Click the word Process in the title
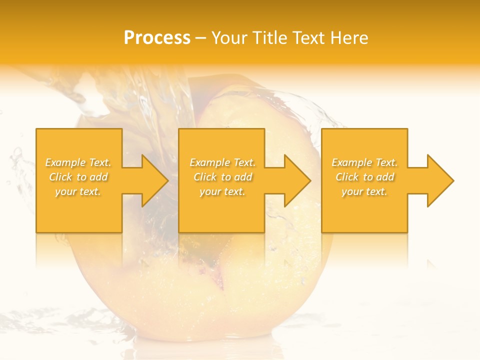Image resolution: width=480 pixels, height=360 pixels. click(157, 38)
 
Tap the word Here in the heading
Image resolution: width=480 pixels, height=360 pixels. click(348, 38)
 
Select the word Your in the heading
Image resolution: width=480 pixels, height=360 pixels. click(229, 38)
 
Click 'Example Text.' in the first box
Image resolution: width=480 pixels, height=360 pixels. click(78, 162)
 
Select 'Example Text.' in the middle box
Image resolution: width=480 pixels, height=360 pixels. click(222, 162)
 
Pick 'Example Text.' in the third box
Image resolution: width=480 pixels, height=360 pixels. click(364, 162)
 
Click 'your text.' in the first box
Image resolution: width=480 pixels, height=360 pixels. click(78, 191)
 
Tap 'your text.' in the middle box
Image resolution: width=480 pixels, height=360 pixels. click(222, 191)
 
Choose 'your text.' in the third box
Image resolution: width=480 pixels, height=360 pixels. click(364, 191)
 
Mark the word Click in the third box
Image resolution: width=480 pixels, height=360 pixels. click(347, 177)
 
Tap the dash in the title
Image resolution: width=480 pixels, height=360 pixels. click(200, 38)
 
